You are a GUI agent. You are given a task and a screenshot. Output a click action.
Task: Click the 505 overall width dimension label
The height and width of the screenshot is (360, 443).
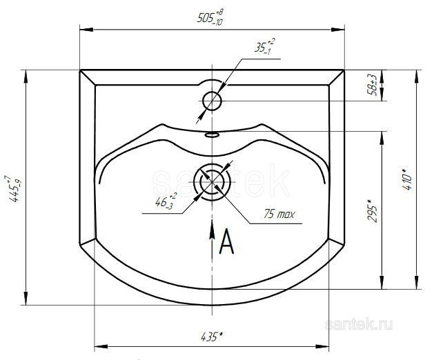coord(210,17)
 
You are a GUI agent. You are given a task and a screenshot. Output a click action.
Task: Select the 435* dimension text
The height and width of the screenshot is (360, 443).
coord(212,337)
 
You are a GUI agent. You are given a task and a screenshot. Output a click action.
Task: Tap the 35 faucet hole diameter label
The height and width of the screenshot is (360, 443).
coord(264,46)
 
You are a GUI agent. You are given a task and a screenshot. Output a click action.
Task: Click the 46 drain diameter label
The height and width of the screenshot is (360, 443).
coord(166,201)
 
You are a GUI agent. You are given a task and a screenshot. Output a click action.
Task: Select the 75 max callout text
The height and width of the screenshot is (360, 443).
coord(279,214)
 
